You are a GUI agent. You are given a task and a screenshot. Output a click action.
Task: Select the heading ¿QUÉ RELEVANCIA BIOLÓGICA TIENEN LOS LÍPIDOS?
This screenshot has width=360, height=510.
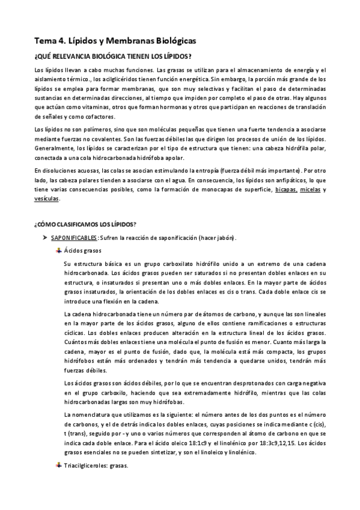pos(113,57)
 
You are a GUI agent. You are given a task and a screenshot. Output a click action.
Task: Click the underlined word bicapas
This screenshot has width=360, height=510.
pos(285,190)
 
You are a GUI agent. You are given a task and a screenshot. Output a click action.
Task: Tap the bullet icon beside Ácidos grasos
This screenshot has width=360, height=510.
pos(58,250)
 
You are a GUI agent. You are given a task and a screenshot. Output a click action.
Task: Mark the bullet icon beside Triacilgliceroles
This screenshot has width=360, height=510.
pos(58,465)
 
